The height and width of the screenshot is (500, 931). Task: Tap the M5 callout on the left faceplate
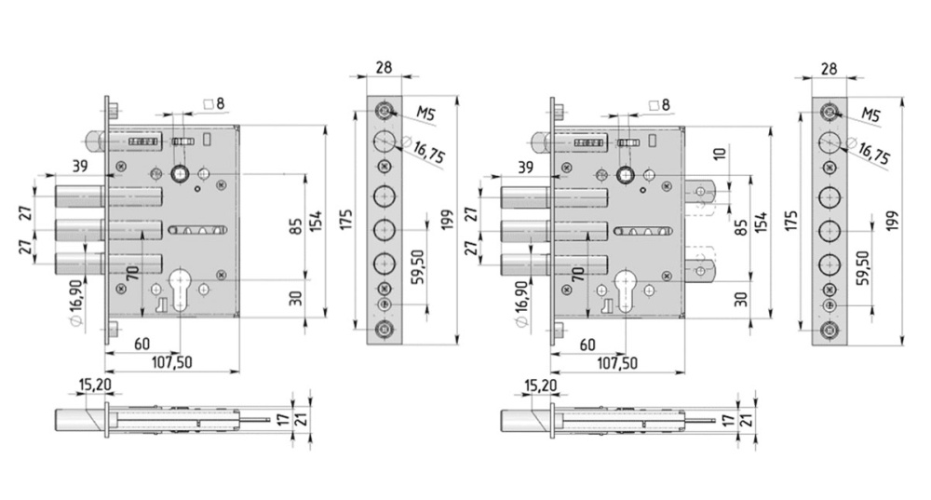(426, 114)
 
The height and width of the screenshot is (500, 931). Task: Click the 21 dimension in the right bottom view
(746, 418)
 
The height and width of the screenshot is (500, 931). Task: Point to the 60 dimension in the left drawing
(142, 345)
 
